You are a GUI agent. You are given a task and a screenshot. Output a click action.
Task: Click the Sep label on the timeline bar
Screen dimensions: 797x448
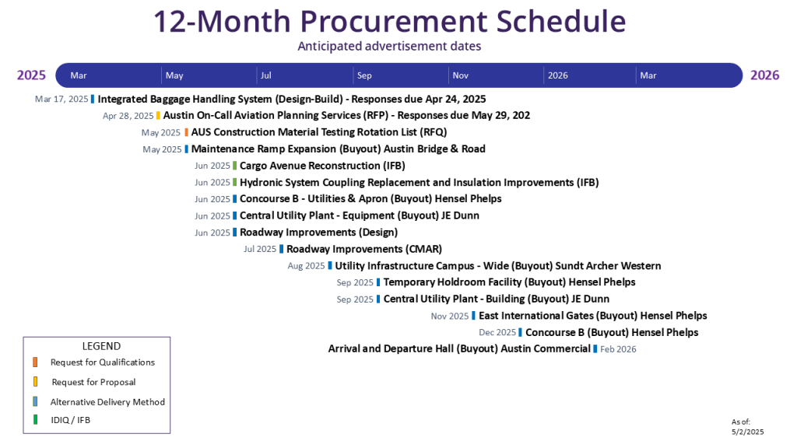point(364,75)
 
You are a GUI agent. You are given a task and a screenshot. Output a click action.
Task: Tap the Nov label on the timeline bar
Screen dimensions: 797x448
point(460,75)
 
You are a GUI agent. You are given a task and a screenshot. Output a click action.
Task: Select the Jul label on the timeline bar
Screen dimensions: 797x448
point(266,75)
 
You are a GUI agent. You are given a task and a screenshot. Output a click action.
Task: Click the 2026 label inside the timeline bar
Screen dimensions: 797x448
point(557,75)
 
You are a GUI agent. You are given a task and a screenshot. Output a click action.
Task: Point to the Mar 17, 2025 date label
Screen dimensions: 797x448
point(61,99)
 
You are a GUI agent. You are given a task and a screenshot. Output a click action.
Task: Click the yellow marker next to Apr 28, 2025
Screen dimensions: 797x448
point(158,116)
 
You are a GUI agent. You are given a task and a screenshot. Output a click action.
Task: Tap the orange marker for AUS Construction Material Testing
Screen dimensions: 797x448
point(187,132)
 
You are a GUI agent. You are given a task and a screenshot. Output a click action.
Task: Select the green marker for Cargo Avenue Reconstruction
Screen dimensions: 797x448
point(235,166)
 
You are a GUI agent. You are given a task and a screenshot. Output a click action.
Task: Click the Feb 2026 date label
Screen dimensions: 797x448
point(618,349)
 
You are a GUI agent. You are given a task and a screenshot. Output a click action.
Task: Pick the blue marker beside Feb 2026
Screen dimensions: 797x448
point(595,349)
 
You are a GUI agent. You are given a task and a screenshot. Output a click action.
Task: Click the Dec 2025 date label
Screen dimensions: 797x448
point(497,332)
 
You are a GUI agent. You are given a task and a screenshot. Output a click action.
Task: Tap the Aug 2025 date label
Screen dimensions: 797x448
point(306,266)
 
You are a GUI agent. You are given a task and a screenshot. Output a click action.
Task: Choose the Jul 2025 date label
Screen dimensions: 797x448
point(260,249)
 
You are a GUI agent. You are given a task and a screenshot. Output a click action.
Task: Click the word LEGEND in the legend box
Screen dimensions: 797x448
point(102,346)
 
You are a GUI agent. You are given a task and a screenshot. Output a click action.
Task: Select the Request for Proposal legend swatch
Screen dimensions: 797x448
point(35,381)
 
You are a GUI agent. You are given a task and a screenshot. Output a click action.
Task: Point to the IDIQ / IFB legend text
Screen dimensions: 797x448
point(70,420)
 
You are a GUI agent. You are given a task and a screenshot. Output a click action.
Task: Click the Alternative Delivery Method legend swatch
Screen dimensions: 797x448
point(35,401)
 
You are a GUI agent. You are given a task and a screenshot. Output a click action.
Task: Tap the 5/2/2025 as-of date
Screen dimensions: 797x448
point(748,432)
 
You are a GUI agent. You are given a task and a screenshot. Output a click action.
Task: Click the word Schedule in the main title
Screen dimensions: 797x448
point(560,21)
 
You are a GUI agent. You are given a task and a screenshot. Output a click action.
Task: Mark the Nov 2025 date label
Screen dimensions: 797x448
point(450,316)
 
